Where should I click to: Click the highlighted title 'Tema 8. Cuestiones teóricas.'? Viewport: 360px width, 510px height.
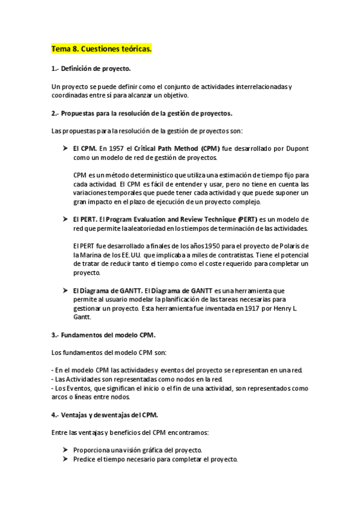[102, 49]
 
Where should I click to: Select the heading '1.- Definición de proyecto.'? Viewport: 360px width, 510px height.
[91, 69]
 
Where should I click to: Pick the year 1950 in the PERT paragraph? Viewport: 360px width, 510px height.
[198, 247]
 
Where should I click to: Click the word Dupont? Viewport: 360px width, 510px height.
[296, 148]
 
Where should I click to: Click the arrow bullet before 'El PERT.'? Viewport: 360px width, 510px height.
[65, 220]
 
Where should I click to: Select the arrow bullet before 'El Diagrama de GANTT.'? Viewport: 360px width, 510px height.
[65, 290]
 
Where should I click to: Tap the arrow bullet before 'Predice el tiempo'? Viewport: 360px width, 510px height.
[65, 459]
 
